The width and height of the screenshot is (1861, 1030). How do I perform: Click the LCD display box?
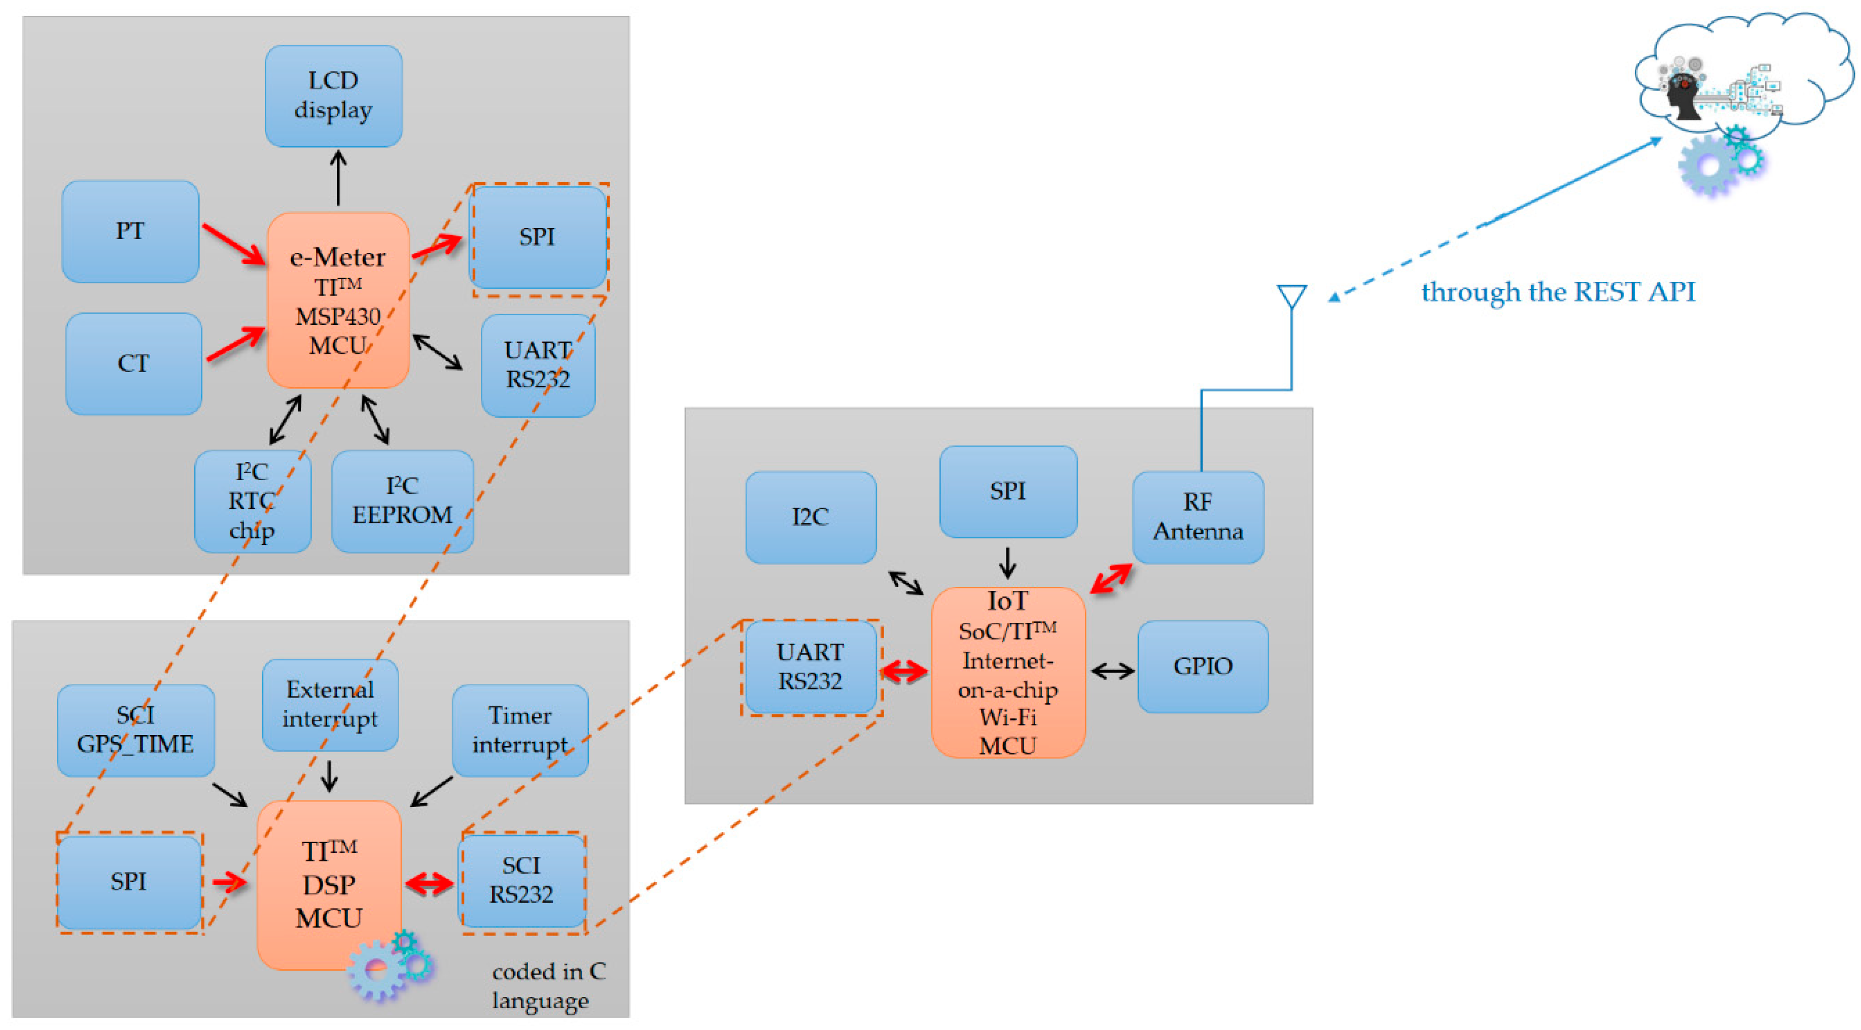coord(333,96)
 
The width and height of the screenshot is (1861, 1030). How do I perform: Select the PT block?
coord(130,231)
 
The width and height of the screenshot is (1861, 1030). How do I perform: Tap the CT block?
coord(133,363)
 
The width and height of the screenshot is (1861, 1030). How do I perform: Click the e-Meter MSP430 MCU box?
coord(338,300)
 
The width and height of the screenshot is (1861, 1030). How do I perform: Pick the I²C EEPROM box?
coord(402,502)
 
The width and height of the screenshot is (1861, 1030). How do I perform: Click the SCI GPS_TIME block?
coord(136,730)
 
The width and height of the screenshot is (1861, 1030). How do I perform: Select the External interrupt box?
coord(330,705)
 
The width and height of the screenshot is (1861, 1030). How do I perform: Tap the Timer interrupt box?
coord(520,730)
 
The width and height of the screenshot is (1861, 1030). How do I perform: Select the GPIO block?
coord(1203,667)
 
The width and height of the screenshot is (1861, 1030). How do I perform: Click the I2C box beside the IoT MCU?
coord(811,517)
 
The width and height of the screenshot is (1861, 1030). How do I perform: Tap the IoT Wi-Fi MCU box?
coord(1008,672)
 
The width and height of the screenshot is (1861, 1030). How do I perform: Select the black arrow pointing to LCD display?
coord(338,178)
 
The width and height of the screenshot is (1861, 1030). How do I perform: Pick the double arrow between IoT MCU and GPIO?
coord(1112,672)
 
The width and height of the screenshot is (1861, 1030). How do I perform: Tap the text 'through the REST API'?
coord(1558,292)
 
